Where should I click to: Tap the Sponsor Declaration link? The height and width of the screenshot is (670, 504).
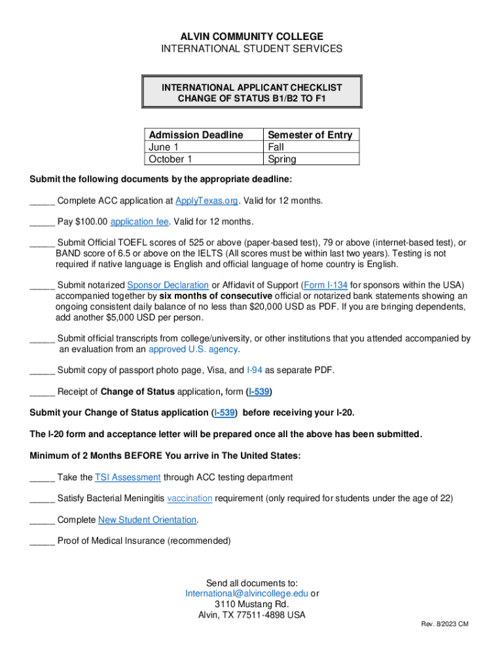[168, 285]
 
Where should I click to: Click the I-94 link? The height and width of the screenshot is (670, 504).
[255, 370]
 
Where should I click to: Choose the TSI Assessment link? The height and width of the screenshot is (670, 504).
[128, 478]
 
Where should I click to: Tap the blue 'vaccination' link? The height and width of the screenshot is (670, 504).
[190, 499]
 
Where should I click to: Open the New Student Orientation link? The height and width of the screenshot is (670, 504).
[147, 520]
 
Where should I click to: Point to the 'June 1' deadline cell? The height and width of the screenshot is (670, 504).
[164, 147]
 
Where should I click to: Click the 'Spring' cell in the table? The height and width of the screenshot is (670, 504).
[282, 159]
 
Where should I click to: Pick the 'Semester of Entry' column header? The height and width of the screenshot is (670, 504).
[310, 135]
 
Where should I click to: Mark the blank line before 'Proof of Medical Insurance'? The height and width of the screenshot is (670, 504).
[42, 542]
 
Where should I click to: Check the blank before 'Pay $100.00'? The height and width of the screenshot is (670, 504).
[42, 222]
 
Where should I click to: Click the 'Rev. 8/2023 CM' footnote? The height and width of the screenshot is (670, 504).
[444, 624]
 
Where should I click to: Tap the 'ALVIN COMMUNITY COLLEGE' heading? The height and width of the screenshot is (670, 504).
[252, 37]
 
